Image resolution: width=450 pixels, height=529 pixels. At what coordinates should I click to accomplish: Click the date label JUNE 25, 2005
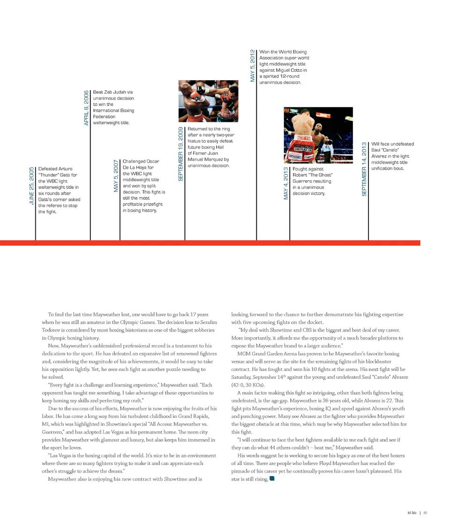point(31,186)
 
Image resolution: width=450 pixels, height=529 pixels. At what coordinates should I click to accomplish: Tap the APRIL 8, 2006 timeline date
point(86,108)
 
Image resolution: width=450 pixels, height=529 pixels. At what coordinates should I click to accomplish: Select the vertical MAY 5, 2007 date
point(116,176)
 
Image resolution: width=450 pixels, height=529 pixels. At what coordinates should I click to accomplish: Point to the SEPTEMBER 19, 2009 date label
point(181,154)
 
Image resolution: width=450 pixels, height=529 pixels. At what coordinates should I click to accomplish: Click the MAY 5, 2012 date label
point(252,66)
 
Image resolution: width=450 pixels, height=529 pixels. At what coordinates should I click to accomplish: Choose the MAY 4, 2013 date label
point(286,183)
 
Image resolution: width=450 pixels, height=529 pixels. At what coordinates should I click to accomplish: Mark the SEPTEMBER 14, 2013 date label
point(364,169)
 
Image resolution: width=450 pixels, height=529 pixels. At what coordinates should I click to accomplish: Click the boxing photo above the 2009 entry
point(208,101)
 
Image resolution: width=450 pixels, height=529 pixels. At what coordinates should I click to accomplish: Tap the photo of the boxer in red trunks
point(318,135)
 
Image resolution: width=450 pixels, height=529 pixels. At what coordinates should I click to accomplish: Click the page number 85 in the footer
point(425,513)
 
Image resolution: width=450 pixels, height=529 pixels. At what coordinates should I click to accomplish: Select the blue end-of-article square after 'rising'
point(272,479)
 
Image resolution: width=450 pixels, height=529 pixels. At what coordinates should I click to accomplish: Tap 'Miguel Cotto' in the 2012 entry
point(290,70)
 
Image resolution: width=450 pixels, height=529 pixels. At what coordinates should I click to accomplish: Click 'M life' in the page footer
point(412,513)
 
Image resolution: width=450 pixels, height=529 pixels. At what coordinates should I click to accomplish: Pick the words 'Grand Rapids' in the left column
point(201,416)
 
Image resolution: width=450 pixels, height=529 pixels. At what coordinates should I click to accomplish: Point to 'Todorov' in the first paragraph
point(53,330)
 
